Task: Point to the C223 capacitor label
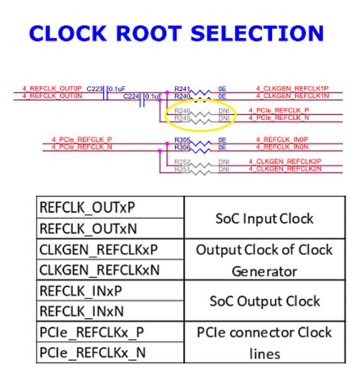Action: [x=95, y=89]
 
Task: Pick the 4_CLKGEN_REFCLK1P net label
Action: [x=282, y=89]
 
